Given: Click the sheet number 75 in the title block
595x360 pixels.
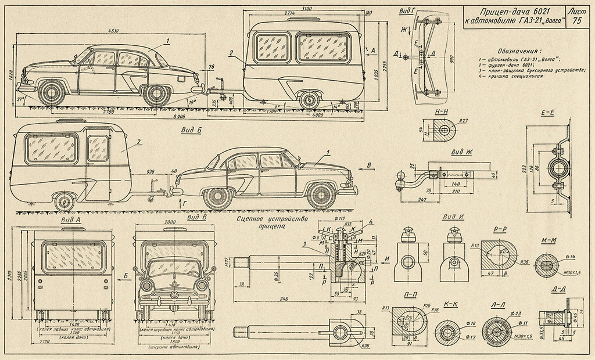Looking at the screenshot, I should click(577, 21).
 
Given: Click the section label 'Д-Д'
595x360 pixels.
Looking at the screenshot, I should click(558, 288).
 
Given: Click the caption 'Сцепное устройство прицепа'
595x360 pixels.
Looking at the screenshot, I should click(271, 224).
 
